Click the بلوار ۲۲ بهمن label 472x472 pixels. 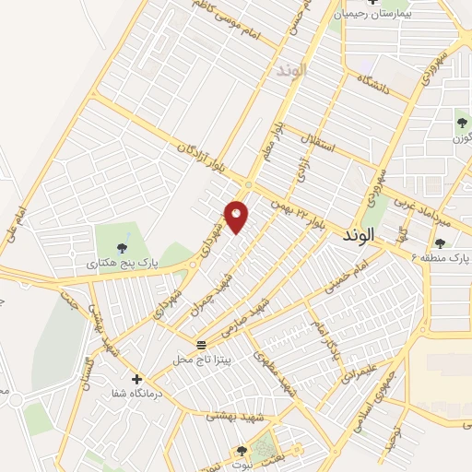(299, 209)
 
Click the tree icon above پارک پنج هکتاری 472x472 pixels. (122, 246)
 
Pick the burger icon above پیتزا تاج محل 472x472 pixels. (200, 344)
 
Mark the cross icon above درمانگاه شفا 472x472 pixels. (136, 378)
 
